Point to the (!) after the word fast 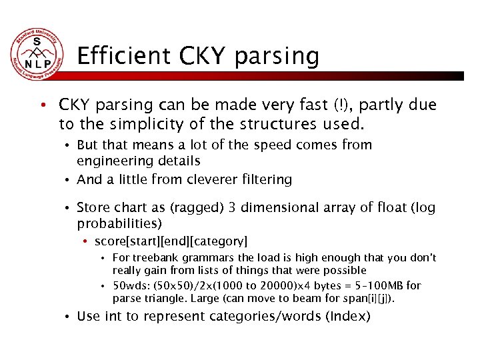pos(340,105)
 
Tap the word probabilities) pos(119,224)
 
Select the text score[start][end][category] pos(171,241)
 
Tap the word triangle pos(165,298)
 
